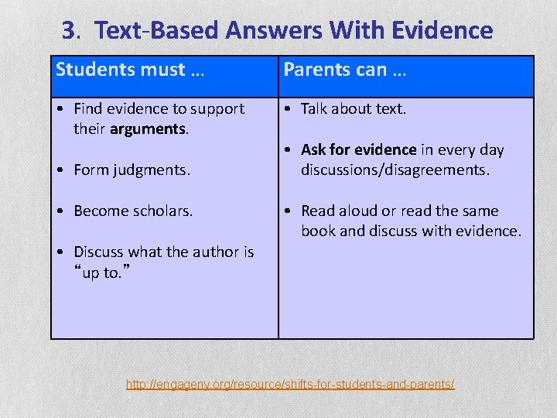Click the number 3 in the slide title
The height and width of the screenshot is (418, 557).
click(70, 30)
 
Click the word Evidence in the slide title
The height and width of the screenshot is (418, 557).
click(442, 30)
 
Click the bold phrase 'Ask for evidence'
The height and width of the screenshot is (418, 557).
click(358, 149)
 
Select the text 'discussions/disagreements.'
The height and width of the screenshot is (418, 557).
click(395, 170)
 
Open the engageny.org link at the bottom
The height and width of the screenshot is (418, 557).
click(290, 384)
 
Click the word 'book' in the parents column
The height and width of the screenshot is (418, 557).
click(317, 231)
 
